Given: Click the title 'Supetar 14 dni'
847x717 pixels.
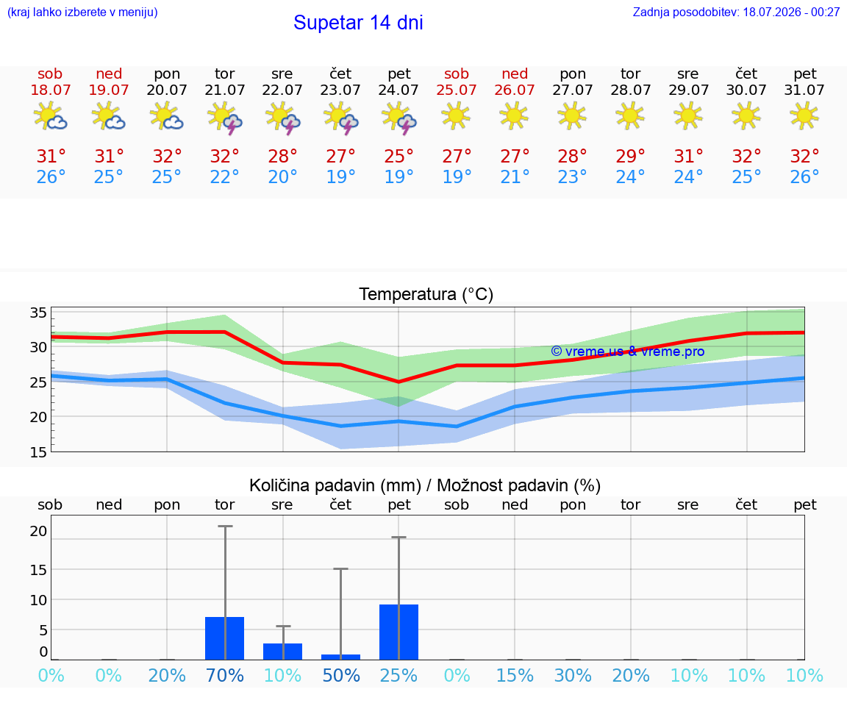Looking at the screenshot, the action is click(x=358, y=23).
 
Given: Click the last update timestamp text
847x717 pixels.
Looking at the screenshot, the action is click(x=736, y=13).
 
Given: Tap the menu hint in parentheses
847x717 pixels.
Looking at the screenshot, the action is click(x=82, y=13).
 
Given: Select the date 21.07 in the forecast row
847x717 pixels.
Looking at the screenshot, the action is click(x=225, y=90).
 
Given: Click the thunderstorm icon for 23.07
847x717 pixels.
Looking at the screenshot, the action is click(x=341, y=118).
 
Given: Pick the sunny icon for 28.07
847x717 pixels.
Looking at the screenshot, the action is click(x=630, y=115).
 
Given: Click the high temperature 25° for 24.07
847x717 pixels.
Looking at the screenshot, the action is click(x=399, y=157).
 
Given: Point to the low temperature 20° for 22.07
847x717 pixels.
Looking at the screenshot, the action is click(x=282, y=176).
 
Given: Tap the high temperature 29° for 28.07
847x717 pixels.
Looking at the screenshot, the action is click(x=630, y=157).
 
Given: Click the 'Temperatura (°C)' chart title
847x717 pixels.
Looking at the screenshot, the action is click(x=426, y=294).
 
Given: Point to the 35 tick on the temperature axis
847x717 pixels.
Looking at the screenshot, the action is click(x=38, y=313).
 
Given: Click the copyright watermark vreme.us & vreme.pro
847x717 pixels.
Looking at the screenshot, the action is click(x=628, y=352).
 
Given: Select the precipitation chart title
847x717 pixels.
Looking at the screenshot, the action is click(x=425, y=486).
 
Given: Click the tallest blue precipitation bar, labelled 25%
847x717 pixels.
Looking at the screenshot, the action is click(x=399, y=632).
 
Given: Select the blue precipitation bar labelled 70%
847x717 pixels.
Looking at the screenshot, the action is click(x=225, y=638).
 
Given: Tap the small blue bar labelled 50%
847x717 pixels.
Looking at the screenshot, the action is click(x=341, y=657).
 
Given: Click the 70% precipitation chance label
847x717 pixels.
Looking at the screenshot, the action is click(x=225, y=676).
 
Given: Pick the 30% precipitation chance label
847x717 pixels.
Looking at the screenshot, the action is click(x=573, y=676).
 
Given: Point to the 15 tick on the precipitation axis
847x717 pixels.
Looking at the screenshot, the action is click(x=38, y=570).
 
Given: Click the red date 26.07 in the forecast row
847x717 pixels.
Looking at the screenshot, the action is click(x=514, y=90).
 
